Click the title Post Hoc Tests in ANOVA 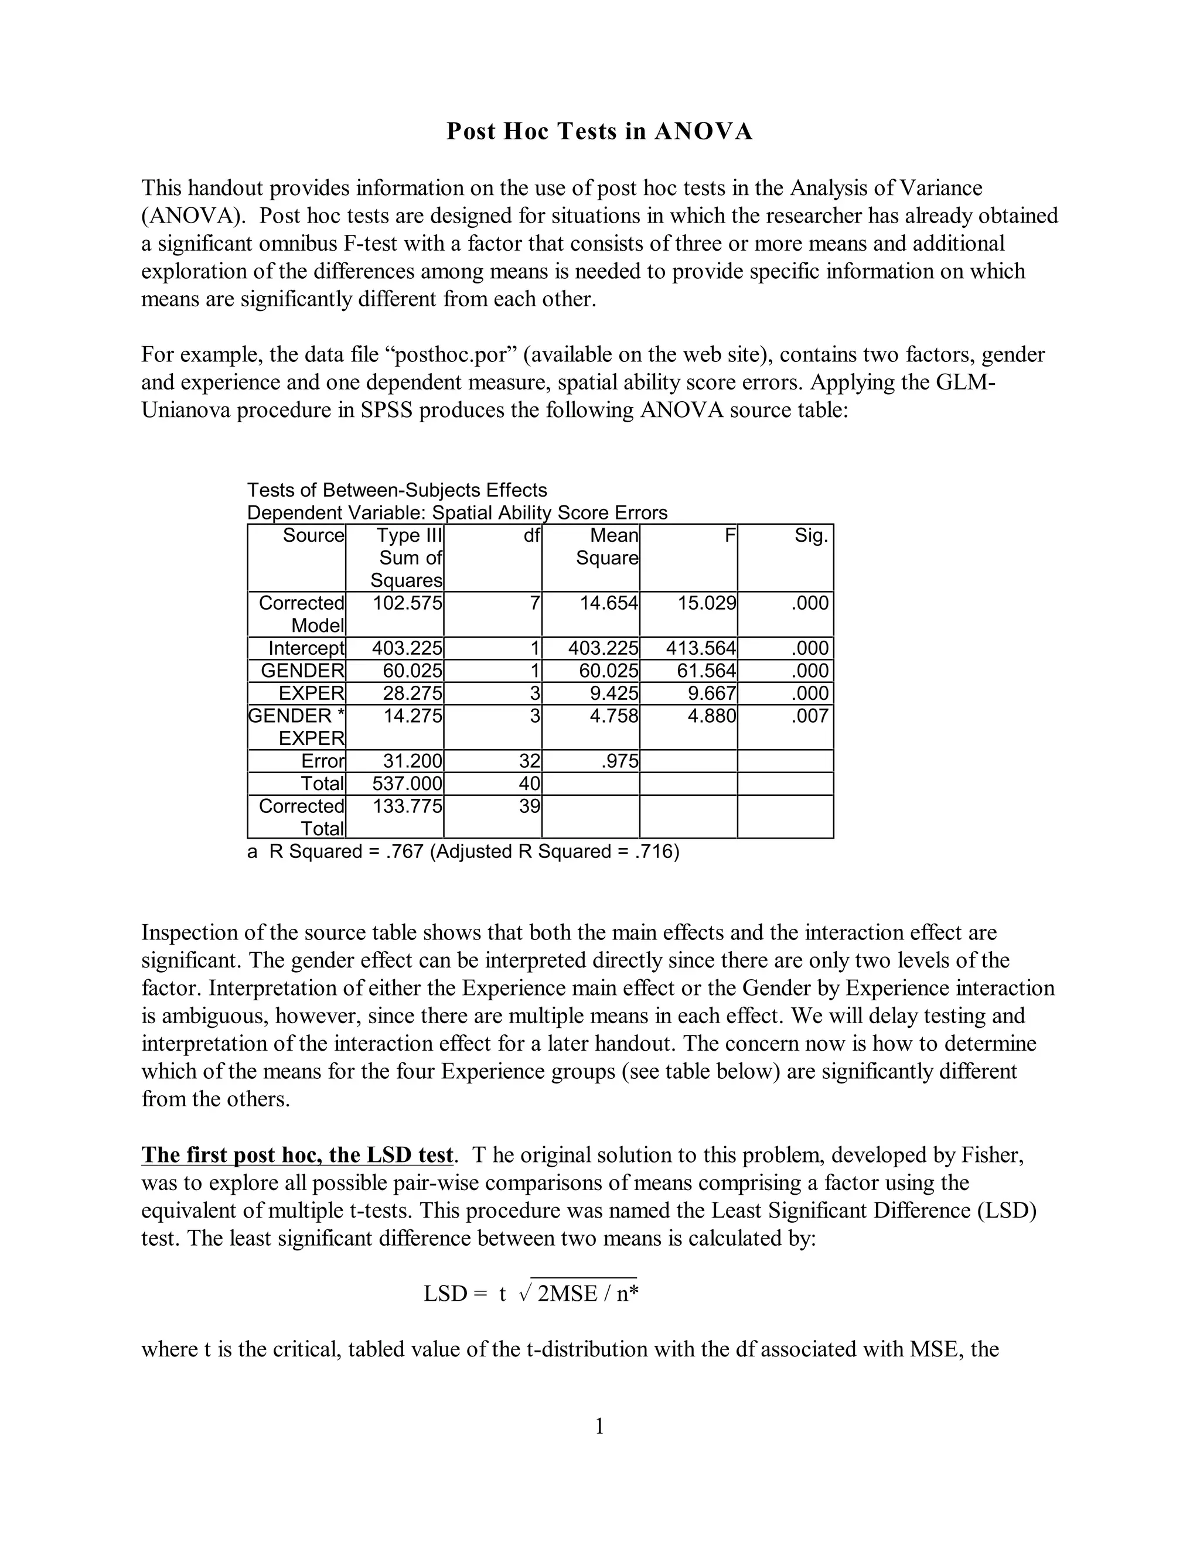(x=599, y=132)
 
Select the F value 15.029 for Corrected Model (x=707, y=603)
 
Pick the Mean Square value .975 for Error (x=620, y=761)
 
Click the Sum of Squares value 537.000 (x=407, y=784)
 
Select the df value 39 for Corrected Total (x=529, y=806)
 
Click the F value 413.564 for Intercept (x=701, y=648)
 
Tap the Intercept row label (x=306, y=648)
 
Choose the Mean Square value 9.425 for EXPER (x=614, y=693)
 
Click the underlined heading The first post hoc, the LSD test (x=297, y=1155)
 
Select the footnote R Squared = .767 (x=463, y=852)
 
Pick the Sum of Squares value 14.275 (x=412, y=716)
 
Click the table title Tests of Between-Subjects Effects (x=397, y=490)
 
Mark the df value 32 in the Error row (x=529, y=761)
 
